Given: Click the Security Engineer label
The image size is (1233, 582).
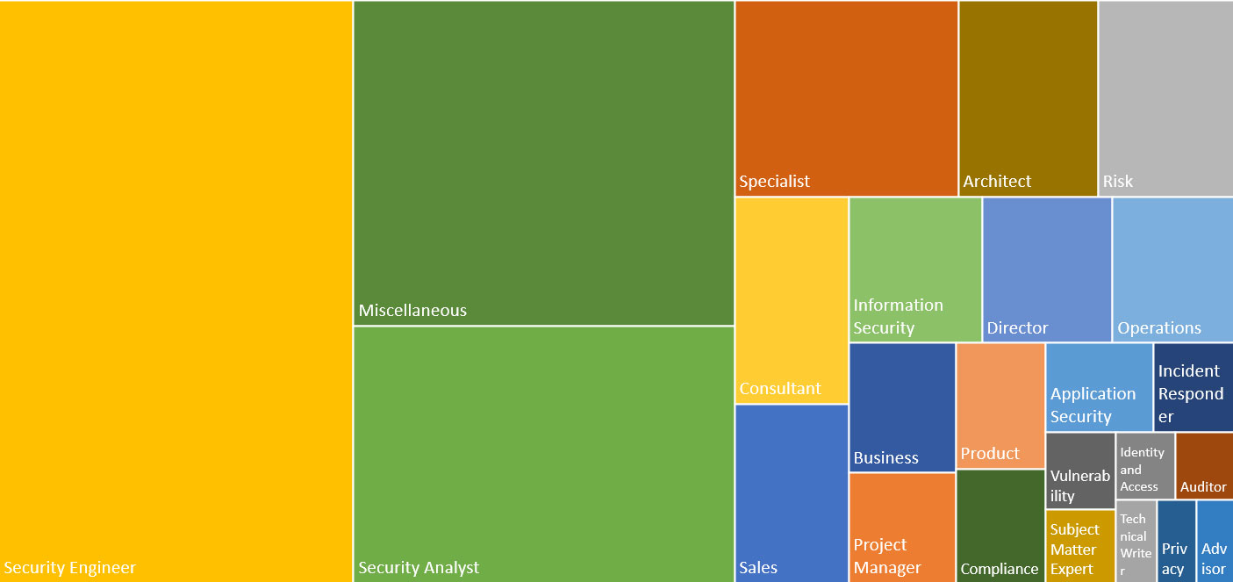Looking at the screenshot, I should (x=70, y=567).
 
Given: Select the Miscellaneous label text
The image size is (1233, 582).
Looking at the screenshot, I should (x=412, y=310).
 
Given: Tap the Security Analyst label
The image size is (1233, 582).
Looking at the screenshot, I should (x=419, y=567).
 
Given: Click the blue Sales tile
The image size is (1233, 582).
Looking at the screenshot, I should (x=792, y=492).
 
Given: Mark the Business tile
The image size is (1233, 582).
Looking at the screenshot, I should (x=902, y=406).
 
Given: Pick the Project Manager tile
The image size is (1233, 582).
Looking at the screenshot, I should (x=902, y=527).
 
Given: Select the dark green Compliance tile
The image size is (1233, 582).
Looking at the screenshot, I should (x=1000, y=525).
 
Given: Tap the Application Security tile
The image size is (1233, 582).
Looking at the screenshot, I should (x=1099, y=386).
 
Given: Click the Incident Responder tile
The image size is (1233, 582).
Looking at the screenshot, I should (x=1194, y=386).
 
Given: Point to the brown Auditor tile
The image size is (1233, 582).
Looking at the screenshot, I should (x=1204, y=465).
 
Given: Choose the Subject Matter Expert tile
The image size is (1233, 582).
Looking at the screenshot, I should (x=1080, y=545).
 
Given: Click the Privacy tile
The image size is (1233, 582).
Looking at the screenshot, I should (x=1176, y=541).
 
